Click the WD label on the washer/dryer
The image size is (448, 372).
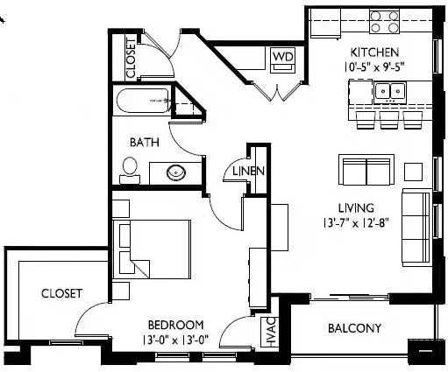282,57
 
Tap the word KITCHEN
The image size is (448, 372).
375,52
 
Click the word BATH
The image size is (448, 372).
144,143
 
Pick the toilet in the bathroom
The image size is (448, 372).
131,168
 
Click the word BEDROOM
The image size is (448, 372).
175,323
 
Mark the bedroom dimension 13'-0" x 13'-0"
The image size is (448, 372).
175,338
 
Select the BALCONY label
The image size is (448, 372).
354,329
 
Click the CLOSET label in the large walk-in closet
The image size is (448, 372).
61,294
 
